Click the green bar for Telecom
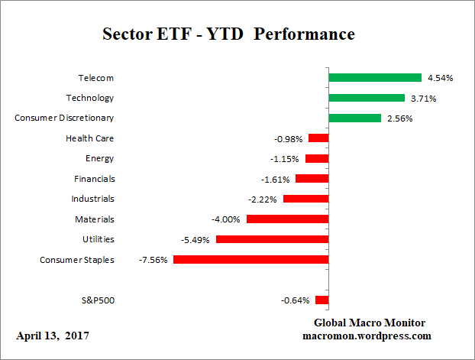[375, 77]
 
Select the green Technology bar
[367, 98]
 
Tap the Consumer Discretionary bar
[354, 118]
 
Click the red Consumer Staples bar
[250, 260]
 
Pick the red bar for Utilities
[272, 239]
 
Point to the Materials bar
[287, 219]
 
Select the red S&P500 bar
[322, 300]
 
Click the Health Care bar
[318, 138]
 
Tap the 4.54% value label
[440, 78]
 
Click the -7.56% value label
[153, 260]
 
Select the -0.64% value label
[296, 300]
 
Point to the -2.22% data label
[263, 199]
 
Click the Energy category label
[100, 158]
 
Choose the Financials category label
[95, 179]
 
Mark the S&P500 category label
[98, 300]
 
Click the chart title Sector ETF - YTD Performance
[228, 35]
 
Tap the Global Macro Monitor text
[370, 323]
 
